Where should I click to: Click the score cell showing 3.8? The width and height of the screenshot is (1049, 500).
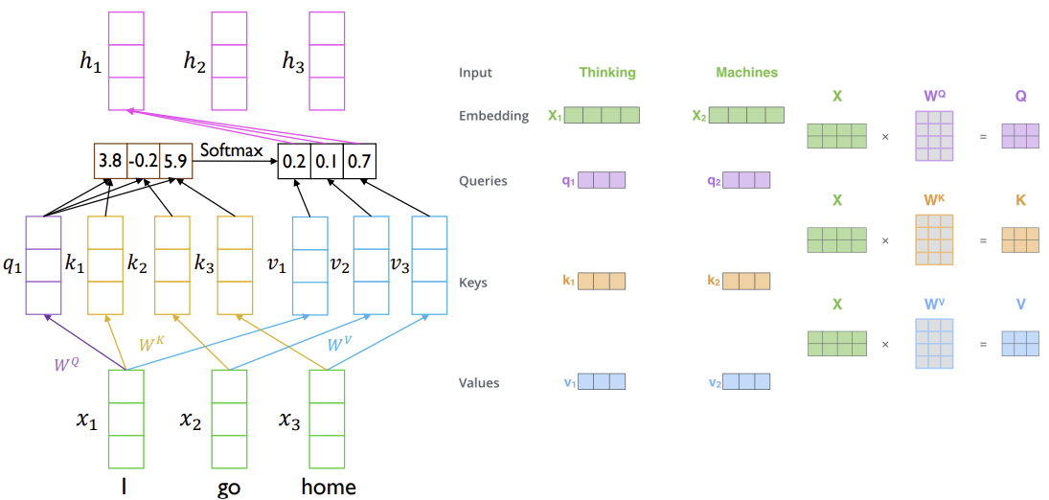110,161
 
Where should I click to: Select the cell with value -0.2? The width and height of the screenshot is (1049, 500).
143,161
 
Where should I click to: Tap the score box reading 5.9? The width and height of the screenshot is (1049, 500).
176,161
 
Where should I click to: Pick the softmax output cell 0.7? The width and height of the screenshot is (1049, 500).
359,161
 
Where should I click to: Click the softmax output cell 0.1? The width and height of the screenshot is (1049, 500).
327,161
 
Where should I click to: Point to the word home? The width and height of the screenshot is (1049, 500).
329,486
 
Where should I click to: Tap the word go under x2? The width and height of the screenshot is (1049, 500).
229,488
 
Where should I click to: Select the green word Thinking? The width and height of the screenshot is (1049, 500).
606,72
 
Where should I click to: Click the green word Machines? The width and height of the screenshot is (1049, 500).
746,72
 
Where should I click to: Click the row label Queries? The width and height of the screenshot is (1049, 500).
483,181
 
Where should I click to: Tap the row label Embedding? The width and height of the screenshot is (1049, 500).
493,116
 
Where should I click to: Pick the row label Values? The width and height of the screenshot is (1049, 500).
479,383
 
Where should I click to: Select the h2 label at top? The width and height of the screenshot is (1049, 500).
194,61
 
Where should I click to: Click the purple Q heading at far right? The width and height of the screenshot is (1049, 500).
1020,97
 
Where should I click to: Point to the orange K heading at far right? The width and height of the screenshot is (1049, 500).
1020,200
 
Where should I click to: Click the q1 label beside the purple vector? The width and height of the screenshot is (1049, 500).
12,265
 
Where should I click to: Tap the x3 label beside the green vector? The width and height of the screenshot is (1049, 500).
288,420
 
